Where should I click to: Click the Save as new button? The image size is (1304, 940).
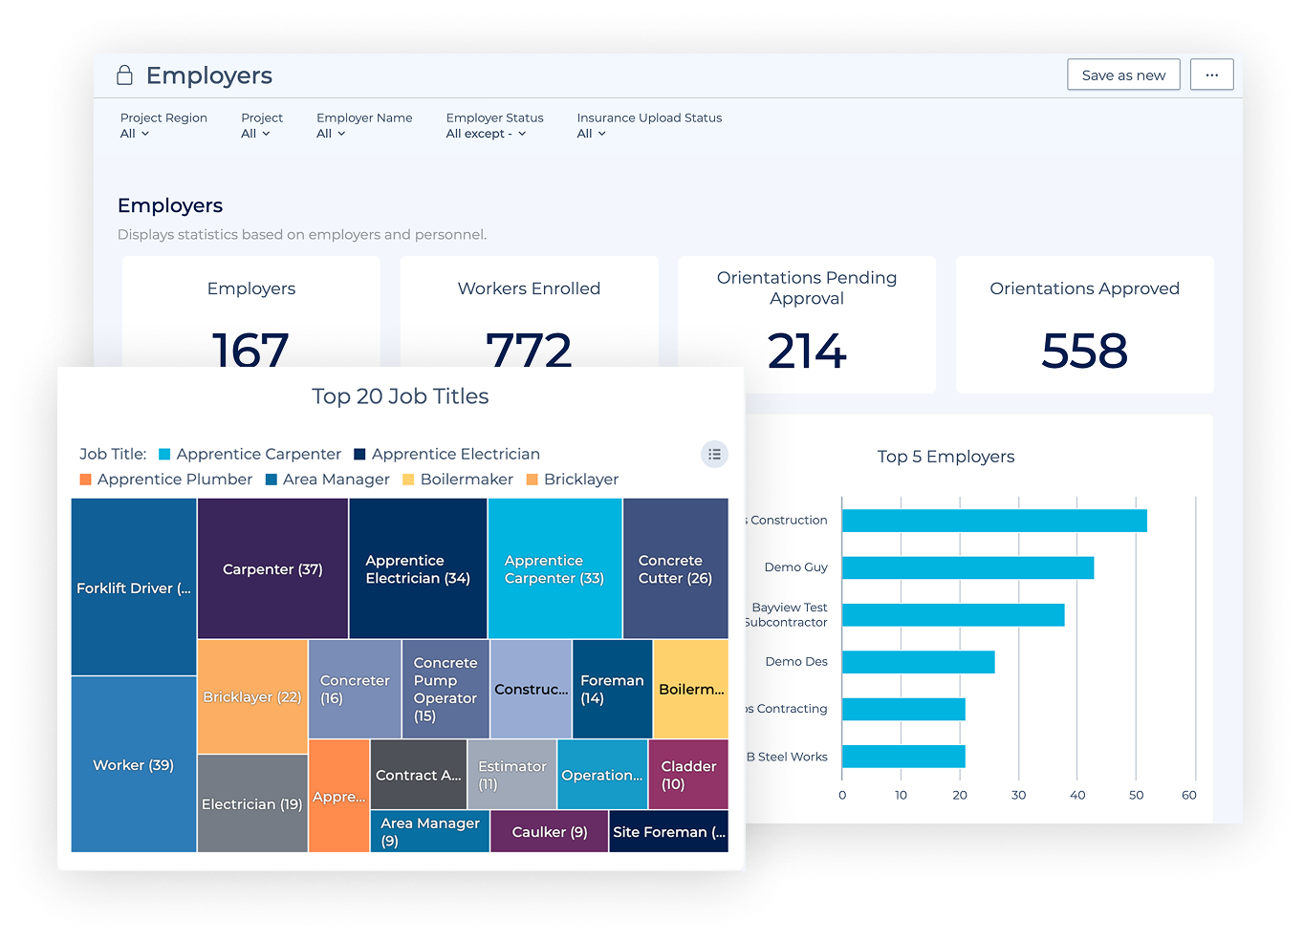point(1123,75)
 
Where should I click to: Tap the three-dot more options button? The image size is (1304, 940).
point(1211,75)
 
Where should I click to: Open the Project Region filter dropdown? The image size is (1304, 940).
point(135,134)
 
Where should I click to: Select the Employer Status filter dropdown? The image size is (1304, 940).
point(486,134)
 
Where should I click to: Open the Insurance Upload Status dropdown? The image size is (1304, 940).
point(592,134)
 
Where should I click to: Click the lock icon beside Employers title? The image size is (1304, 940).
point(124,75)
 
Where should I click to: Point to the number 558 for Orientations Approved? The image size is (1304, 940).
point(1084,351)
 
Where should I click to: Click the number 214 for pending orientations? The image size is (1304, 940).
point(807,351)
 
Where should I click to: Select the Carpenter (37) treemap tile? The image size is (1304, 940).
point(272,568)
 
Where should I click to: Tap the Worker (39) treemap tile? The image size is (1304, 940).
point(134,764)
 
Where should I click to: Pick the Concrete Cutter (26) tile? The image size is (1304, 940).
point(675,568)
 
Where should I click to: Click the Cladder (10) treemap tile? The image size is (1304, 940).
point(688,775)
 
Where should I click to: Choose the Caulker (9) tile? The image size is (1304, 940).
point(550,831)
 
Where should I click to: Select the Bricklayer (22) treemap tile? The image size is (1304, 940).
point(252,696)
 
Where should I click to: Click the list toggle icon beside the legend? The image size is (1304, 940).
point(714,455)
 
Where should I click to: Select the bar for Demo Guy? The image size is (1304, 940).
point(967,567)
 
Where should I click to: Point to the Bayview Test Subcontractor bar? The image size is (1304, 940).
point(952,615)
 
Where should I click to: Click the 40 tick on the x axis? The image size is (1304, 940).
point(1077,795)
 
